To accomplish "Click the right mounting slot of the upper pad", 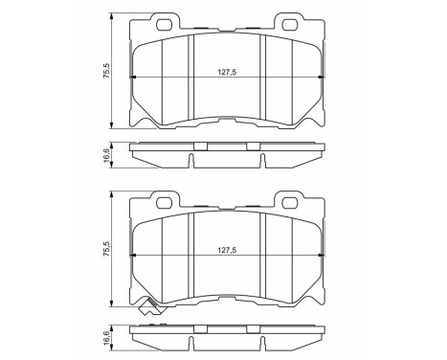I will (x=289, y=21).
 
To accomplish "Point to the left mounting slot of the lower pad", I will (x=162, y=201).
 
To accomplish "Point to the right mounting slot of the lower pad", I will (x=289, y=201).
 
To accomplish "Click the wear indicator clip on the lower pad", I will (x=147, y=308).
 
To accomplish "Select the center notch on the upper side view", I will (x=200, y=146).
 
